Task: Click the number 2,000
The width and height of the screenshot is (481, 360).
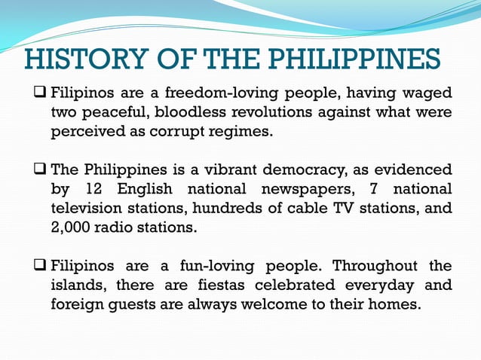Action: [x=72, y=227]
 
